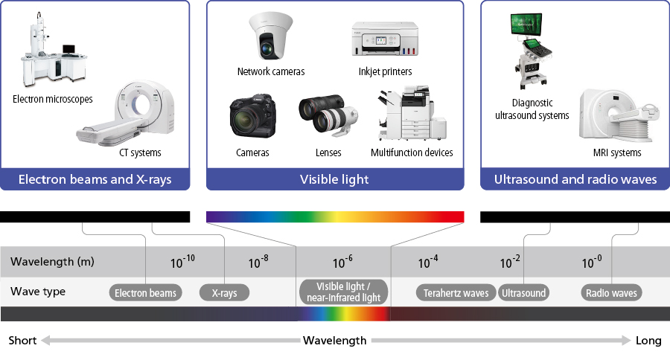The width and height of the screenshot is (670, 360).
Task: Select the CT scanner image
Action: pos(126,113)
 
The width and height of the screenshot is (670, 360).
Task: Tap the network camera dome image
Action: pos(270,36)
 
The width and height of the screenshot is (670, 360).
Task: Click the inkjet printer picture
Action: pos(385,39)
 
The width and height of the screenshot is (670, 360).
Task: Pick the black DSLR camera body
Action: pos(252,116)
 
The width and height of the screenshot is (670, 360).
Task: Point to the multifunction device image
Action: pos(412,113)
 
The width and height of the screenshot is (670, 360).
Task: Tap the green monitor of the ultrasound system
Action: pos(526,24)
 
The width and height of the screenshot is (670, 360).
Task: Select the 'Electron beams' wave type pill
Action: pos(145,293)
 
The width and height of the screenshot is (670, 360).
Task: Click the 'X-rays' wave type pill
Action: pos(224,293)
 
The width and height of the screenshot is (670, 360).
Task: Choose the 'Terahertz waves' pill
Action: pos(456,293)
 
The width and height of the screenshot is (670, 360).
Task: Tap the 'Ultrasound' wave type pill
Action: pos(523,293)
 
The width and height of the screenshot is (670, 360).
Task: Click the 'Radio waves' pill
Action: pos(611,293)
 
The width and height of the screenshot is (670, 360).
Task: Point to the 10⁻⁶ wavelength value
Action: pos(342,262)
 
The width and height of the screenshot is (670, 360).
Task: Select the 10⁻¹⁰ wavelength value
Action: pos(182,262)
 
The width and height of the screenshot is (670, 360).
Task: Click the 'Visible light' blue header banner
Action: pos(335,179)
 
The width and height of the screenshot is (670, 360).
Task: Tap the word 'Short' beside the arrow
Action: pos(22,341)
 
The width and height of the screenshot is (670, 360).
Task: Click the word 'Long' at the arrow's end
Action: pos(648,341)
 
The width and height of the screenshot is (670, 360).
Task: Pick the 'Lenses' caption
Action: pos(328,152)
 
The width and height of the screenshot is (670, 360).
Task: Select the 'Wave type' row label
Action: pos(38,292)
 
